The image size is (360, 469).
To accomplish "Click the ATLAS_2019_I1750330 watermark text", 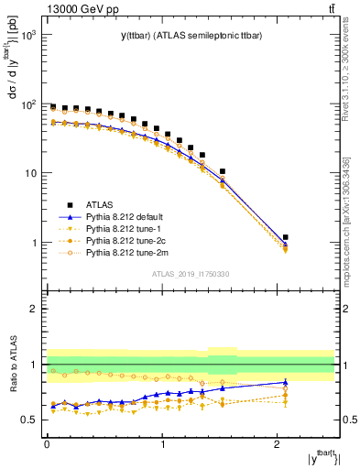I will point(190,273).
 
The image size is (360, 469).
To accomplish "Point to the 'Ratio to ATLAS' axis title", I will point(13,364).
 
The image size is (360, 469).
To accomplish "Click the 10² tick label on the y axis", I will point(29,104).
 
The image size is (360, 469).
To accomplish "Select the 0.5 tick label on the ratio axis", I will point(29,420).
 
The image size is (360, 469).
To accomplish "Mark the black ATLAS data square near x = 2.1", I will point(286,237).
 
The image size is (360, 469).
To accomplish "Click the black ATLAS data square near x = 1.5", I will point(223,171).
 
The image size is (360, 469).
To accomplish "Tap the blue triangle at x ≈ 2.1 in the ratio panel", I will point(286,382).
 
